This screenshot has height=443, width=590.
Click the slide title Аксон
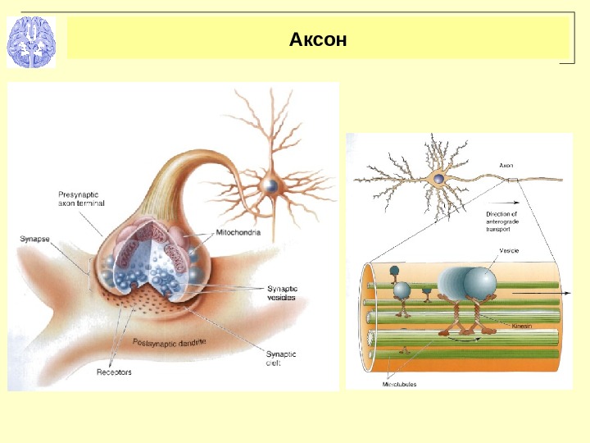[x=319, y=39]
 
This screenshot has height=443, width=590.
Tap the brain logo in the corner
[x=30, y=42]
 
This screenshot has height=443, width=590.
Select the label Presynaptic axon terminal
[x=81, y=198]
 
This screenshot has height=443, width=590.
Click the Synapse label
[x=34, y=239]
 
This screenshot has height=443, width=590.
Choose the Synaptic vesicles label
[x=282, y=294]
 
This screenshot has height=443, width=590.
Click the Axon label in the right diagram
[x=506, y=165]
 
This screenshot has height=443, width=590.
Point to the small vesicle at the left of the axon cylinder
[x=402, y=290]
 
